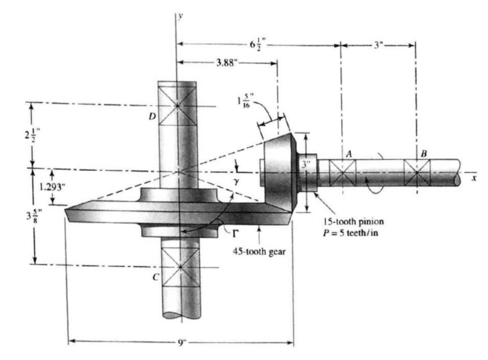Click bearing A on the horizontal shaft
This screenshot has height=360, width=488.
click(342, 173)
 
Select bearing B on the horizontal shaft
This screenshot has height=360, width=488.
click(417, 173)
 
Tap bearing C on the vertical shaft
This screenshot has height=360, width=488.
click(180, 267)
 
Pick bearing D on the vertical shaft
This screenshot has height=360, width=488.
click(177, 106)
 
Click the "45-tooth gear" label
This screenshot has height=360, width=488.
click(259, 251)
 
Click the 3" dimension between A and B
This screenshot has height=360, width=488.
click(377, 45)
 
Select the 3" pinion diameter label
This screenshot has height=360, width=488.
click(305, 164)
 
